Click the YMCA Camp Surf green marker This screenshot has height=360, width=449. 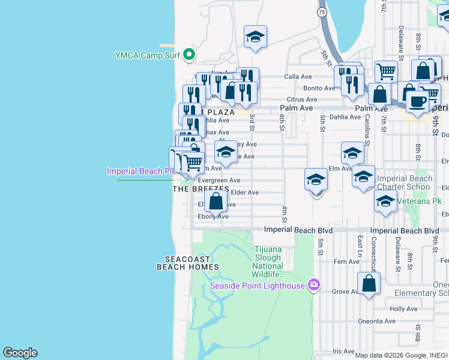[x=189, y=55]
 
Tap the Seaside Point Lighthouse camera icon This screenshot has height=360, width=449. [x=313, y=285]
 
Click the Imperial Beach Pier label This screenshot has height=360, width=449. [x=142, y=171]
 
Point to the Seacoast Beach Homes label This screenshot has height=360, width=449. [x=187, y=262]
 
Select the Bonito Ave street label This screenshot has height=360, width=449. [x=319, y=88]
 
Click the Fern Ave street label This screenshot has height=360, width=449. [x=346, y=262]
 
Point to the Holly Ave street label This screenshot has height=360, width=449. [x=403, y=308]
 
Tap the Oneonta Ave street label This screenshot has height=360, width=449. [x=376, y=321]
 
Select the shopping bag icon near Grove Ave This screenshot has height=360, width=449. [x=369, y=284]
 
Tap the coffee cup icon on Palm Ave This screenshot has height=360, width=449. [x=417, y=101]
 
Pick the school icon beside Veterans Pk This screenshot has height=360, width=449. [x=385, y=202]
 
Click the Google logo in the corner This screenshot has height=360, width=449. [x=20, y=353]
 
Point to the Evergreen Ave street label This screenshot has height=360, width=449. [x=219, y=180]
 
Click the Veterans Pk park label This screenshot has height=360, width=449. [x=420, y=201]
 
